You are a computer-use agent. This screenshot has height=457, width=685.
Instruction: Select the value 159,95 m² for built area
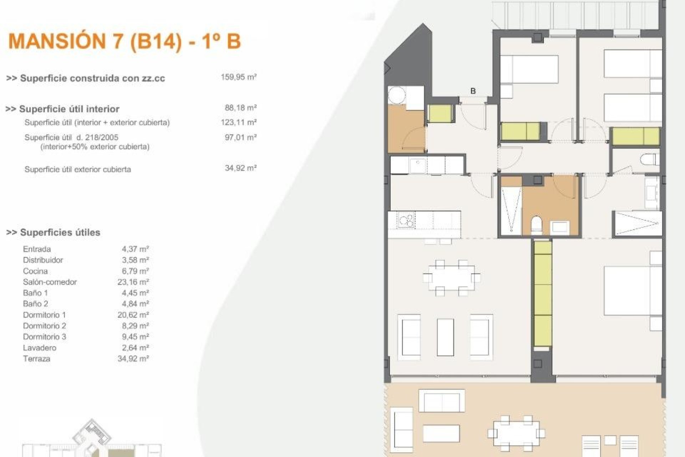239,77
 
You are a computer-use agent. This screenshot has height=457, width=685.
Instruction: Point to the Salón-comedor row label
50,282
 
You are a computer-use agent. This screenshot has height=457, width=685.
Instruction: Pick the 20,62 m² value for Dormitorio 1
133,315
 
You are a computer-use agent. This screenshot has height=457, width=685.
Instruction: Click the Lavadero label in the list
40,348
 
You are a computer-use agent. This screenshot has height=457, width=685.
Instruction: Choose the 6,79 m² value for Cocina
135,271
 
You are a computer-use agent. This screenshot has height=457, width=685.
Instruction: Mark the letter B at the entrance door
473,91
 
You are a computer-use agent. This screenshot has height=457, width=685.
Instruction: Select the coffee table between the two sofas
446,337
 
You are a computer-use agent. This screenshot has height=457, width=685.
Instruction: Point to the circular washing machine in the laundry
397,95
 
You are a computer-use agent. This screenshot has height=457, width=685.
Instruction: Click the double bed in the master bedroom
633,290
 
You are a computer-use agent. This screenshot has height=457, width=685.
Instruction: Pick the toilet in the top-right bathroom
649,160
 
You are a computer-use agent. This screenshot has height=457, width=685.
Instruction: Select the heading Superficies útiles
60,232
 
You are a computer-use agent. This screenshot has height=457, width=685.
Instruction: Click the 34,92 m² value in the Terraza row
133,359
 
